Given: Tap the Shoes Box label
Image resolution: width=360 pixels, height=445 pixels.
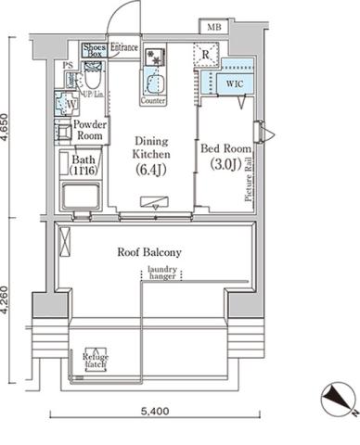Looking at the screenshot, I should pos(95,50).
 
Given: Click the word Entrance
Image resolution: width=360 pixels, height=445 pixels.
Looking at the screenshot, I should pos(124,46).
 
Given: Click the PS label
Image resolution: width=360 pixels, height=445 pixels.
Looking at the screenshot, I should pos(66,66).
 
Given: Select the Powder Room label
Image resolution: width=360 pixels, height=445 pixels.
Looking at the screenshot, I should pos(89,130).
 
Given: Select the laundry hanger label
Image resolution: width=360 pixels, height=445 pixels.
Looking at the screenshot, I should pos(161,273).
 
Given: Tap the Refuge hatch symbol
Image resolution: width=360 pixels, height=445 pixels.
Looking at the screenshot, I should pos(94,360).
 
